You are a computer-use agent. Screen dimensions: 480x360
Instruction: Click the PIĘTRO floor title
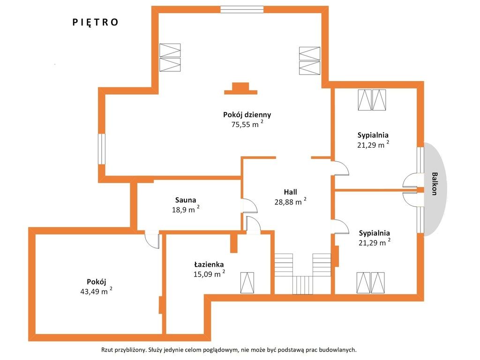[x=95, y=22]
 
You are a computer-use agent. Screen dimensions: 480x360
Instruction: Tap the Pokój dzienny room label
[x=247, y=115]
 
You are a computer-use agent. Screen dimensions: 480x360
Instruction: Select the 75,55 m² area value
[x=247, y=124]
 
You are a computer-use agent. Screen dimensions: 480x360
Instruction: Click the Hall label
[x=290, y=192]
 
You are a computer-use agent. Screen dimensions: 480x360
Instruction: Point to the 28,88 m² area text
[x=290, y=202]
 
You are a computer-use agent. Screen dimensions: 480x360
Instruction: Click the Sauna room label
[x=186, y=200]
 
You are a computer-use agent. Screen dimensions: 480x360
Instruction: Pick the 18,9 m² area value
[x=186, y=210]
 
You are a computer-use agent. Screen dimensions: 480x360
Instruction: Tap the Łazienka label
[x=209, y=264]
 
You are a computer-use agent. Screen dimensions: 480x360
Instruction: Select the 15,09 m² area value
[x=209, y=274]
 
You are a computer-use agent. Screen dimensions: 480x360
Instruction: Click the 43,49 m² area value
[x=96, y=291]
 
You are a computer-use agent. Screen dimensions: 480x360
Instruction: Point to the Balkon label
[x=434, y=184]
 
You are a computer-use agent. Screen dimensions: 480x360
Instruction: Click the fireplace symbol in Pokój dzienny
[x=240, y=89]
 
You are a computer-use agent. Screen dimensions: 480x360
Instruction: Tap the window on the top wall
[x=242, y=9]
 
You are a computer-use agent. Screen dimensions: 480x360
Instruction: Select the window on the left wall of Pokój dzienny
[x=102, y=149]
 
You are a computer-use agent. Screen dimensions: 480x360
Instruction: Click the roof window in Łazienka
[x=247, y=283]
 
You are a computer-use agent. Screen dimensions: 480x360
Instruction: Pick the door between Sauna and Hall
[x=249, y=206]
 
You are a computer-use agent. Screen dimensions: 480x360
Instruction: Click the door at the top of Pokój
[x=152, y=241]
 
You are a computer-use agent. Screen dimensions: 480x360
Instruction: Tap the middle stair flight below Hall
[x=303, y=285]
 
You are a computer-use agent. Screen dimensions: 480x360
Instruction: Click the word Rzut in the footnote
[x=107, y=350]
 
